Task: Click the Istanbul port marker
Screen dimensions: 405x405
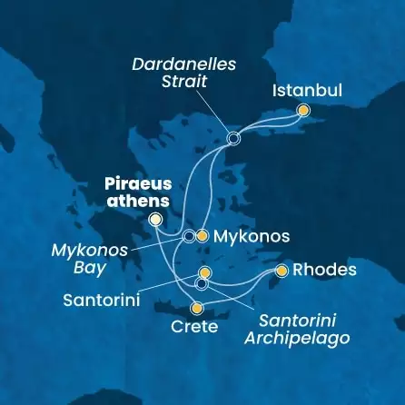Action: tap(303, 111)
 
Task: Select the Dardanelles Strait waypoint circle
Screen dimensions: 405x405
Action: tap(233, 139)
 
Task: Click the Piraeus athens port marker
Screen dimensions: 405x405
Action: tap(155, 219)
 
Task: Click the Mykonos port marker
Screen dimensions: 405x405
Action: tap(202, 236)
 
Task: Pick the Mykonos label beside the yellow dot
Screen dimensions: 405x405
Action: tap(251, 237)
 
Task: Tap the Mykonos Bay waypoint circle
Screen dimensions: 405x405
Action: tap(188, 236)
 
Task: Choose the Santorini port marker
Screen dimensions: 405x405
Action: tap(204, 272)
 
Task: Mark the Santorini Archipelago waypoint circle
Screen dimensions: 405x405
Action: tap(202, 283)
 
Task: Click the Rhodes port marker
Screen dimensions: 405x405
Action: tap(282, 271)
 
